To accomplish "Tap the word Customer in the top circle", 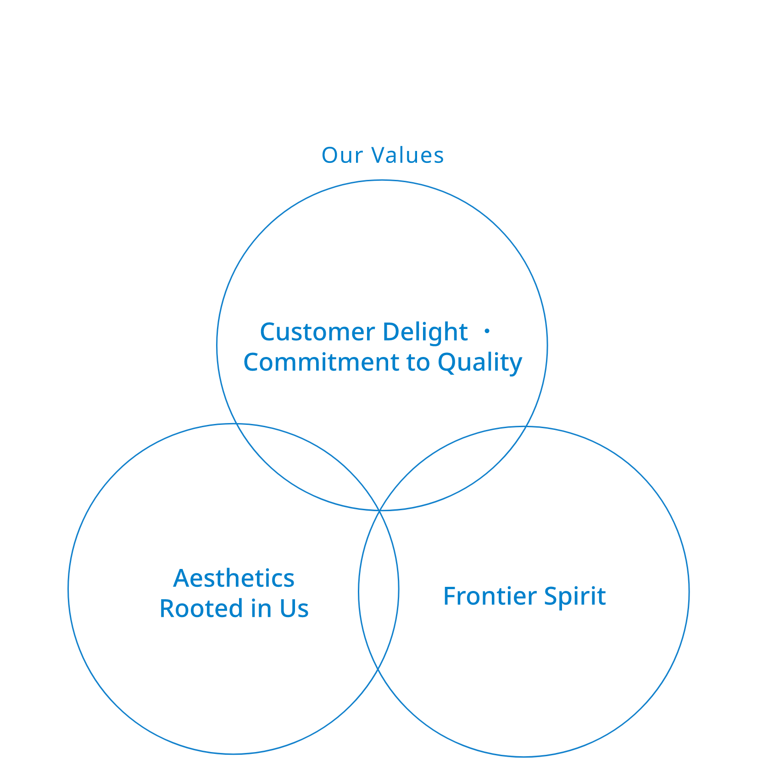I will click(317, 332).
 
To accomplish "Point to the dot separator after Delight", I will click(487, 330).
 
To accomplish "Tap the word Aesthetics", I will click(234, 579).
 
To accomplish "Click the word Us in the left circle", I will click(294, 609).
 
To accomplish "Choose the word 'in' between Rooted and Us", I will click(261, 609).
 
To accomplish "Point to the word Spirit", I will click(575, 597).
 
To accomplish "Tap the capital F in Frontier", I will click(450, 596).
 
